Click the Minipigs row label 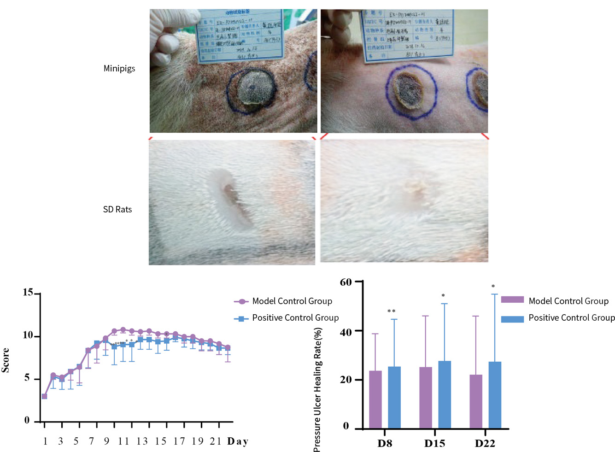tap(119, 69)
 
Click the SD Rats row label tap(117, 210)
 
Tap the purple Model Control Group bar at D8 tap(375, 399)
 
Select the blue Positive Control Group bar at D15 tap(445, 394)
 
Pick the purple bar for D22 tap(476, 401)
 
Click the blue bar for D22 tap(495, 395)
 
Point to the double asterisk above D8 tap(392, 311)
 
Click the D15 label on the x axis tap(434, 443)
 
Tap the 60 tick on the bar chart tap(346, 282)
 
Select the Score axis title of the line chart tap(6, 360)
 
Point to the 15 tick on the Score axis tap(28, 293)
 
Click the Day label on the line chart tap(238, 441)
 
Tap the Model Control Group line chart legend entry tap(292, 301)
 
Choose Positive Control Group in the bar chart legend tap(571, 318)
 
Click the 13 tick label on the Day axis tap(142, 441)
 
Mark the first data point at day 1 tap(44, 396)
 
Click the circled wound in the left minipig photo tap(252, 90)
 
